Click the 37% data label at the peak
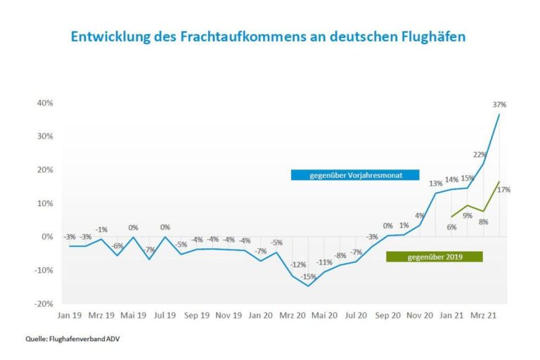click(499, 105)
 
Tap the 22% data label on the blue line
click(480, 154)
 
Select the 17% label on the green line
click(503, 189)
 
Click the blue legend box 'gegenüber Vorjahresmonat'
click(355, 175)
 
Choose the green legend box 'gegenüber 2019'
click(435, 257)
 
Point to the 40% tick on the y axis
click(44, 103)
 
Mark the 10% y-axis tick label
click(44, 203)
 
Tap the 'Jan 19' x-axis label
click(69, 316)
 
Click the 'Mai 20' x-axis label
click(325, 316)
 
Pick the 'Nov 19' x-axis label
click(229, 316)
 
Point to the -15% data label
click(308, 277)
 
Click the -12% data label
click(297, 264)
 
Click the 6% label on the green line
click(451, 226)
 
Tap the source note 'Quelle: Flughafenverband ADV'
click(69, 338)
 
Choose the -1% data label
click(102, 229)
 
